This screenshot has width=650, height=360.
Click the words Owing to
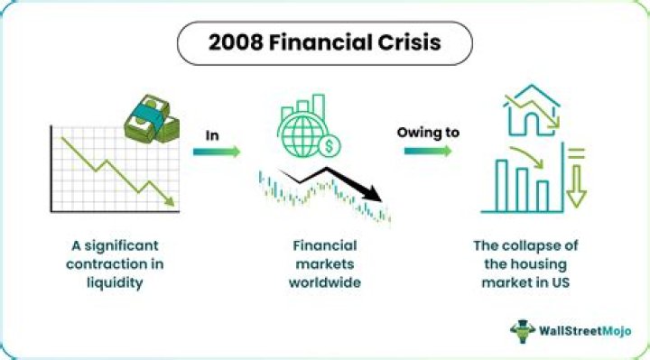pos(428,132)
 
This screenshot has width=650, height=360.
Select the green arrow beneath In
pos(217,152)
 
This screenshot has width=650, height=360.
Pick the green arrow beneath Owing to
pos(428,152)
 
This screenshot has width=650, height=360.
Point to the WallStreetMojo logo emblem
pos(525,331)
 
